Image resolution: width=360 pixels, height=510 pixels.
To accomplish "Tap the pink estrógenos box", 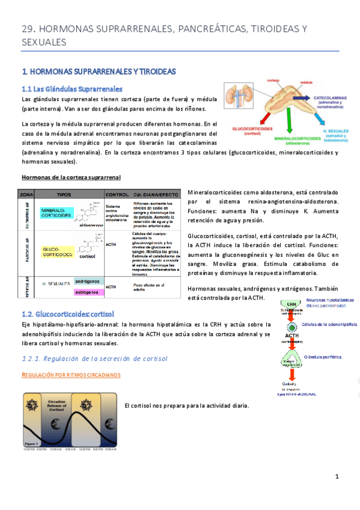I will point(87,292).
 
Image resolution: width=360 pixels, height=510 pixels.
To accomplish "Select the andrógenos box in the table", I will point(87,281).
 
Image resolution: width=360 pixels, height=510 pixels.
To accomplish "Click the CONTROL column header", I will point(117,195).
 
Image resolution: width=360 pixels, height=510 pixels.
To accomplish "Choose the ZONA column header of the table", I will point(26,195).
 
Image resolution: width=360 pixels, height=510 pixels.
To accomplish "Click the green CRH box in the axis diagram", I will point(291,305).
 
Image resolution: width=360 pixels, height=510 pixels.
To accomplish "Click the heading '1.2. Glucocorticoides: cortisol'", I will point(67,314).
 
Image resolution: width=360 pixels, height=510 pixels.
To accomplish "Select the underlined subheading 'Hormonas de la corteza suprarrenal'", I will point(71,177).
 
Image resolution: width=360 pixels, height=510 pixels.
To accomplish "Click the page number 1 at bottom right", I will point(337,477).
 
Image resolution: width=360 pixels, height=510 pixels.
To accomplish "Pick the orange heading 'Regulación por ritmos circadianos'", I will point(71,375).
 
